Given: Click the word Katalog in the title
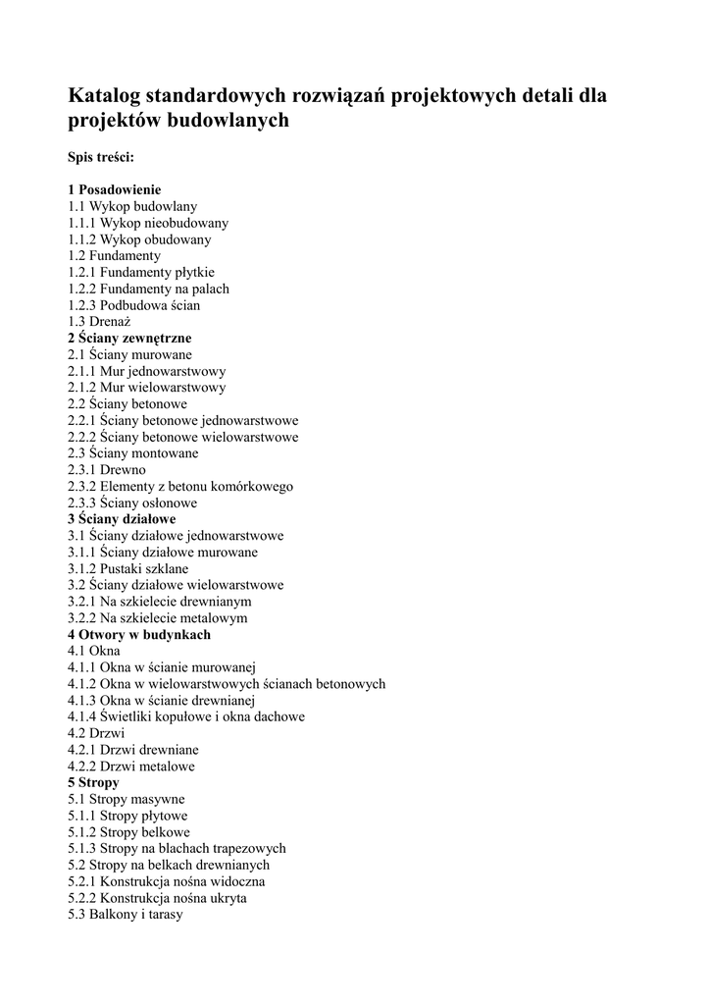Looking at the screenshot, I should point(104,96).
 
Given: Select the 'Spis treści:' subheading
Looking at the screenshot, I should point(101,157).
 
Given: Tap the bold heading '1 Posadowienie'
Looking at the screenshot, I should point(115,189).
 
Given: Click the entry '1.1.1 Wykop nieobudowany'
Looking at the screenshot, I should point(148,223).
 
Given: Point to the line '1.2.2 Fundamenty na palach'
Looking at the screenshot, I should point(148,289).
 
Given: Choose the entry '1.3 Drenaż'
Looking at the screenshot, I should point(99,321).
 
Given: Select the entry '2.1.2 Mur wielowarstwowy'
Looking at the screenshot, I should point(146,388).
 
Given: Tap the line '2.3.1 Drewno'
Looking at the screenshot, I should point(107,470).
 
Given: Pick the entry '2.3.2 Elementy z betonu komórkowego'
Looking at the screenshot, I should point(180,486).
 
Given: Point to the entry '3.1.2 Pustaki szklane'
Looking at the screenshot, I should point(128,568).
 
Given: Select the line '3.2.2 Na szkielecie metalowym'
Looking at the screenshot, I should point(158,618).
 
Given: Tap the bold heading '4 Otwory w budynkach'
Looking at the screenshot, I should point(139,635).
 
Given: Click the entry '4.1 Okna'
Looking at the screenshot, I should point(94,651).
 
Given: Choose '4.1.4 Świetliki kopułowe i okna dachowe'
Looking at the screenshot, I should point(186,716).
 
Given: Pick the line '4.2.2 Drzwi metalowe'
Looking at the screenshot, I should point(131,767).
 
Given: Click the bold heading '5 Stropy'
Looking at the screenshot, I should point(93,783).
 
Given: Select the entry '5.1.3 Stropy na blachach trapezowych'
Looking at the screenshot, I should point(177,849).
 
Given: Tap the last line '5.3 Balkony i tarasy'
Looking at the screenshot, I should point(126,915).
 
